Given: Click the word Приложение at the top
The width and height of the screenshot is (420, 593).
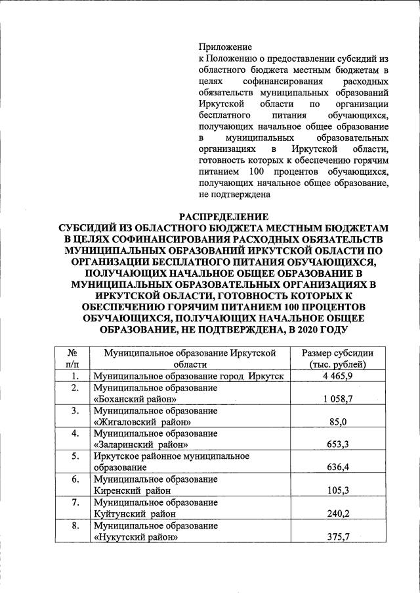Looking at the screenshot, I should (x=225, y=47).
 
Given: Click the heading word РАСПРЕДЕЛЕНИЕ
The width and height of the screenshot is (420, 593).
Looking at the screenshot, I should (x=224, y=216).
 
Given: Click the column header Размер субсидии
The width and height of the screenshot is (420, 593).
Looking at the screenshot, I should (x=337, y=353).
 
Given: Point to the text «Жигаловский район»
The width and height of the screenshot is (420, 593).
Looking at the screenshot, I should (x=142, y=422).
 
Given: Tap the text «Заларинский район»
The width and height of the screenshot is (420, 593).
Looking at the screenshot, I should (x=138, y=445).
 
